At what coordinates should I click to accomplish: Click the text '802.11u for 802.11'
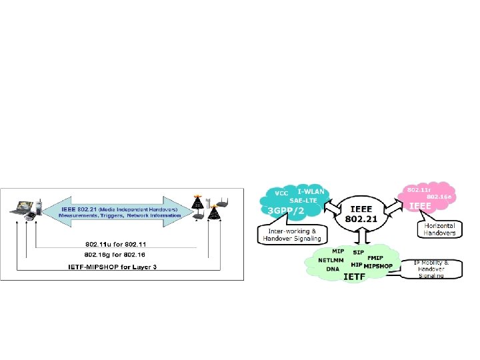pos(115,243)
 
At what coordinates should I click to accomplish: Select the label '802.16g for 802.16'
pos(115,255)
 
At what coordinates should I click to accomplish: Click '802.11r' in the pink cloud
pos(418,190)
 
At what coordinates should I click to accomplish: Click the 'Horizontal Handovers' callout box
pos(440,231)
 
